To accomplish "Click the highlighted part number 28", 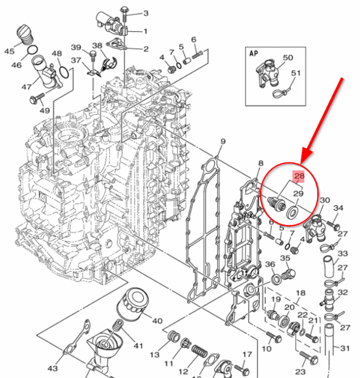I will pos(299,176).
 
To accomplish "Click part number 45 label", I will pos(9,51).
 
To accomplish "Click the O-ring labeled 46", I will pos(31,51).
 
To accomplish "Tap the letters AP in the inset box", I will pos(253,52).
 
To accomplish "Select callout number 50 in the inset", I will pos(287,58).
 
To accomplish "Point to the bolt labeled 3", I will pos(124,11).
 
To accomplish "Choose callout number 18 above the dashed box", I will pos(301,293).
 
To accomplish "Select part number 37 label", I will pos(76,60).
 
